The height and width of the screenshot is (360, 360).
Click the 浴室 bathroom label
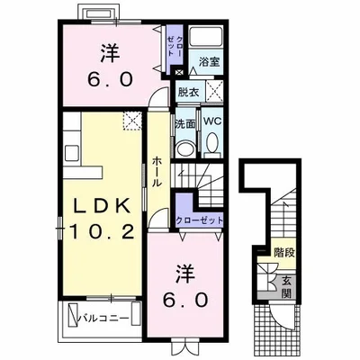click(x=210, y=61)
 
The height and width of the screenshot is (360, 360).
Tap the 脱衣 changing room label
click(x=188, y=93)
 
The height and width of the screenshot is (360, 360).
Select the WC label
click(x=212, y=121)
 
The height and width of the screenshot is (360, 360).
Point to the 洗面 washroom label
click(x=185, y=123)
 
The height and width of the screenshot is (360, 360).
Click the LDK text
click(x=103, y=206)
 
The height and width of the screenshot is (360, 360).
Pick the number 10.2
click(x=102, y=231)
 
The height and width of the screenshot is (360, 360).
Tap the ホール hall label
click(x=157, y=172)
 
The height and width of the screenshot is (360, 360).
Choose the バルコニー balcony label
click(x=103, y=318)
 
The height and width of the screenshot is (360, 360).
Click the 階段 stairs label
click(x=284, y=253)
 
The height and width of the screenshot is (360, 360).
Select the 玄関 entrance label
click(x=286, y=287)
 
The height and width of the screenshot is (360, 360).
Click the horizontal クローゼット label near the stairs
click(x=200, y=220)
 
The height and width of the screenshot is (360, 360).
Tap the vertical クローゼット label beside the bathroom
click(x=175, y=46)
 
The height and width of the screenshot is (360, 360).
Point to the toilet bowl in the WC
click(x=212, y=142)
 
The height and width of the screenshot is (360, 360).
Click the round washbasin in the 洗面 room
click(x=184, y=149)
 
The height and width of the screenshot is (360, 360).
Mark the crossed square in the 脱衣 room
click(x=214, y=92)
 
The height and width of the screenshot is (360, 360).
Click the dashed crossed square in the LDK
click(x=132, y=121)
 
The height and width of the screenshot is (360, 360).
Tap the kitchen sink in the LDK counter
click(x=72, y=152)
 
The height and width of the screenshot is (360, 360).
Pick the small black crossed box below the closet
click(x=179, y=72)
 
